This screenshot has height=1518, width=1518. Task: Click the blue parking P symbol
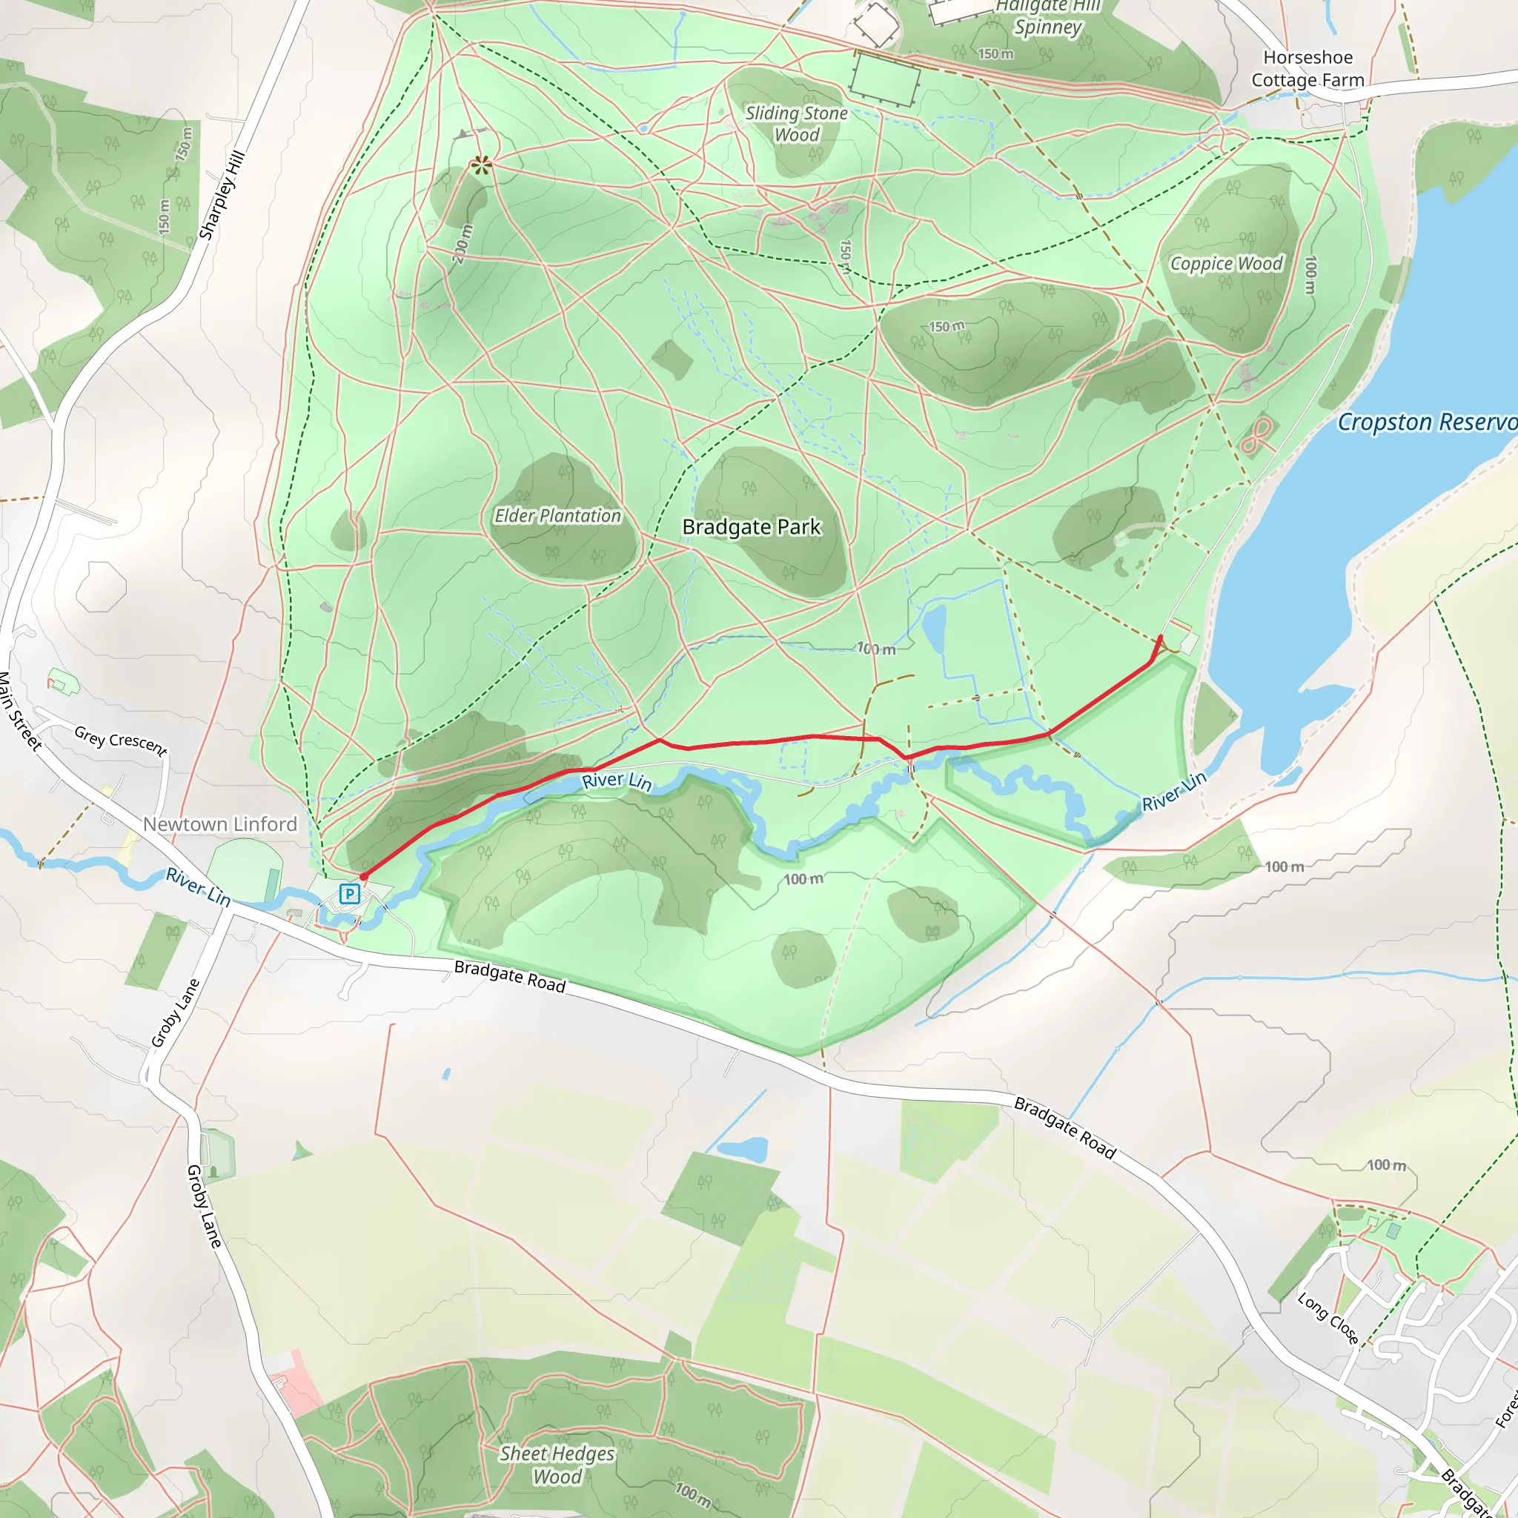349,893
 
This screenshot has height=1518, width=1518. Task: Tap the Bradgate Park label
751,526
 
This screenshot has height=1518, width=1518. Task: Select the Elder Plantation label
557,515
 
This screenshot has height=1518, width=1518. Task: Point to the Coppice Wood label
1226,263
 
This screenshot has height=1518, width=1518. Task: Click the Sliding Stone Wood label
796,124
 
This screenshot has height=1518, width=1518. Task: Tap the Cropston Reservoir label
1426,422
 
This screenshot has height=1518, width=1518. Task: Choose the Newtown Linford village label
220,824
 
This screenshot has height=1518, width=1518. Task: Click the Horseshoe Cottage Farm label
1307,68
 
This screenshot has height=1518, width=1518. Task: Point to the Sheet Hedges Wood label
557,1465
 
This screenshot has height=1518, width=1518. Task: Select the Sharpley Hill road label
222,195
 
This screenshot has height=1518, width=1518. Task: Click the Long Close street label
1328,1319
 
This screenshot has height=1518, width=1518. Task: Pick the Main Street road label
20,711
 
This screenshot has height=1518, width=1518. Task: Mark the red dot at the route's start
364,876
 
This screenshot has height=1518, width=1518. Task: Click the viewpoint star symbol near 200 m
481,165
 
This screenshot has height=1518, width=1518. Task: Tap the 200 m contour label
463,244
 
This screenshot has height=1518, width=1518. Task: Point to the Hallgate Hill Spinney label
1048,17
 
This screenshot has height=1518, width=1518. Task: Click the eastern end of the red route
1161,637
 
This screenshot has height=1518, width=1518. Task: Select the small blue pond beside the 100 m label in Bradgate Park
934,629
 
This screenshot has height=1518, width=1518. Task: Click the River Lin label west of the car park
198,886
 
